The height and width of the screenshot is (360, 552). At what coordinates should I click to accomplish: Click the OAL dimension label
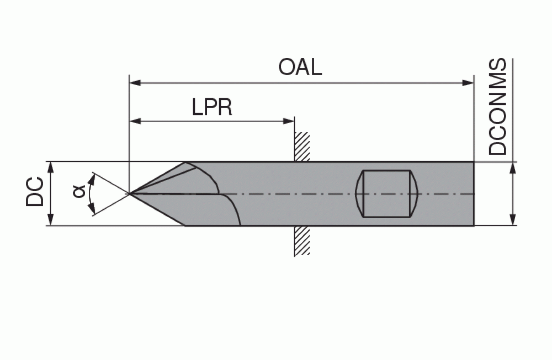[300, 67]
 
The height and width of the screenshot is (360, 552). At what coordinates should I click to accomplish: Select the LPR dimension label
[212, 107]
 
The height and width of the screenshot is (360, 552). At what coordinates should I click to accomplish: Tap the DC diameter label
[35, 192]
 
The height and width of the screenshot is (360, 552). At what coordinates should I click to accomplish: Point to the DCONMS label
[497, 107]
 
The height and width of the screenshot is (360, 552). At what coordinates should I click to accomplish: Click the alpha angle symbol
[79, 192]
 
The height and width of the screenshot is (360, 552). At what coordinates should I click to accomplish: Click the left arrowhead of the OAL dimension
[136, 83]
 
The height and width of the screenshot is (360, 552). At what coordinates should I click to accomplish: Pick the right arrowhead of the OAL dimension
[468, 83]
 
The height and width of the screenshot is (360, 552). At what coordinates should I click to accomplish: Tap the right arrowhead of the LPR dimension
[289, 121]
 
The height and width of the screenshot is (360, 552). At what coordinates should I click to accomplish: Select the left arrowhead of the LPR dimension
[136, 121]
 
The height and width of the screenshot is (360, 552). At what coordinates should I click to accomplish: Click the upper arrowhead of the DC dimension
[51, 168]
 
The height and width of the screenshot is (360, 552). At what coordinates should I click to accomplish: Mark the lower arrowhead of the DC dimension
[51, 219]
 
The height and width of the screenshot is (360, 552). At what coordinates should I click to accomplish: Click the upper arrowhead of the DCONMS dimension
[513, 168]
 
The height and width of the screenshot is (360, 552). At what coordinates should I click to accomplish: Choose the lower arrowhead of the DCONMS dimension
[513, 219]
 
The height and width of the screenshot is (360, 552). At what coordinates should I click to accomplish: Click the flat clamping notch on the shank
[386, 194]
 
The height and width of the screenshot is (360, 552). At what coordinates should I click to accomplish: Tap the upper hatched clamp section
[302, 146]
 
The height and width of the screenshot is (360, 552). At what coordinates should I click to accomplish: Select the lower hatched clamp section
[302, 240]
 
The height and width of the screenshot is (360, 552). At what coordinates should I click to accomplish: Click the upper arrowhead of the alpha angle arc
[93, 181]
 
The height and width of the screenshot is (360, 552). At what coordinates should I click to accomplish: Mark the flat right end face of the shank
[474, 194]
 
